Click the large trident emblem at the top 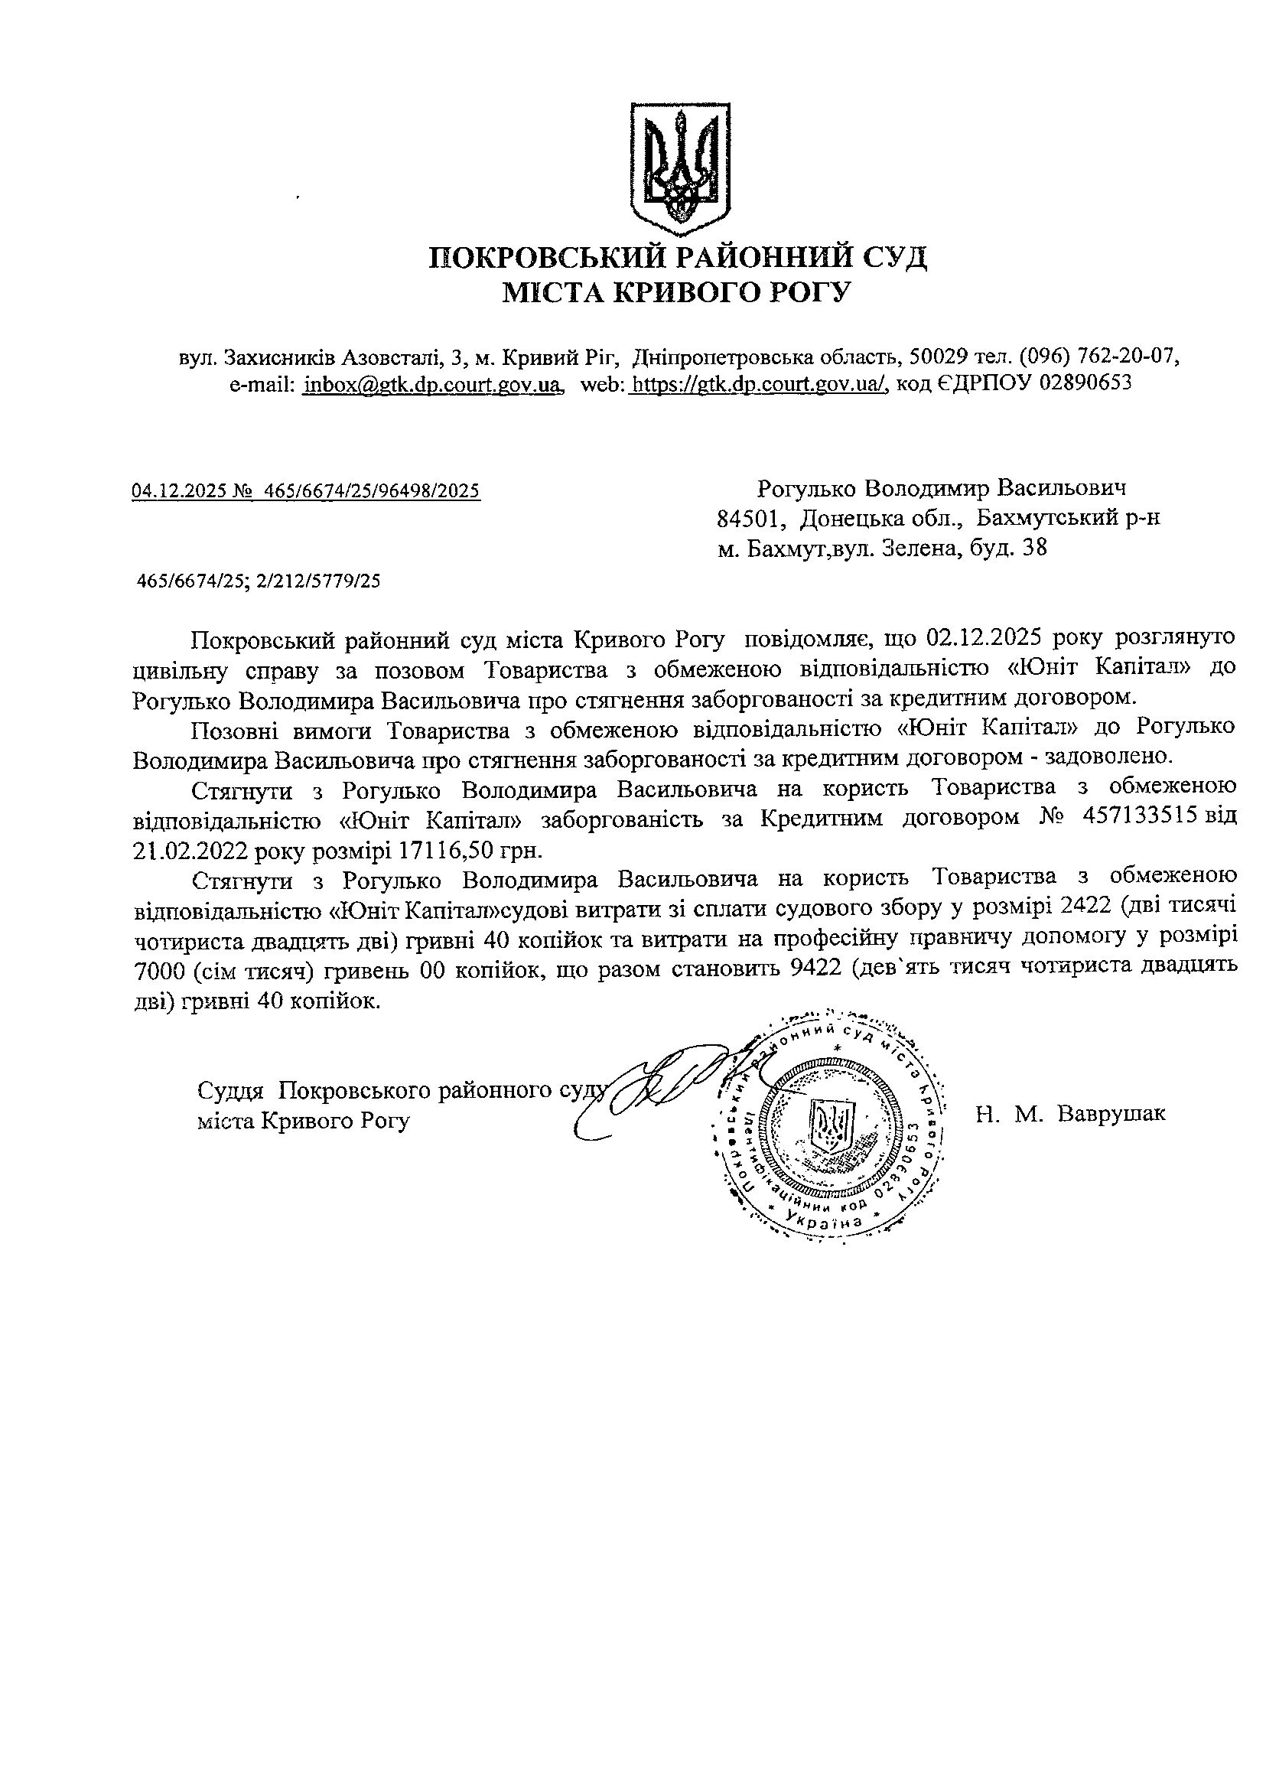point(679,167)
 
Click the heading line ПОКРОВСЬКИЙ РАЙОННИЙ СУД point(679,257)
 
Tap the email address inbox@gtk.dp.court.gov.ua point(433,383)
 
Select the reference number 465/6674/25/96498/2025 point(372,490)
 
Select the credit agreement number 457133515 point(1137,818)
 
